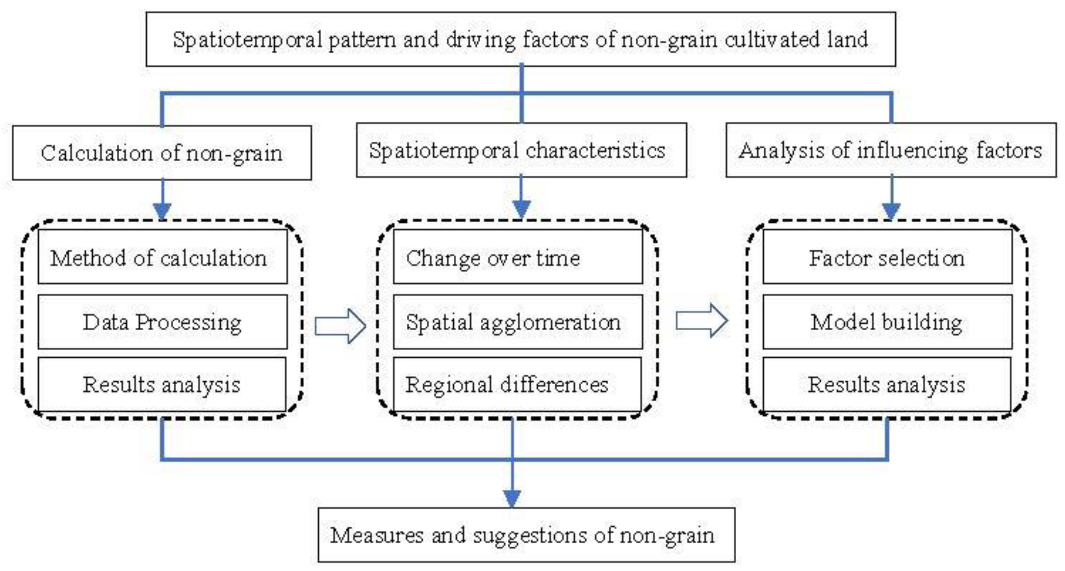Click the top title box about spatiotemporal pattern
click(521, 39)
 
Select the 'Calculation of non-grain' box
click(162, 153)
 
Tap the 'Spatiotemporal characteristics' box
click(521, 150)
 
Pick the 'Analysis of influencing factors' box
click(891, 150)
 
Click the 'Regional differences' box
click(517, 384)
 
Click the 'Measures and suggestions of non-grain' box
click(526, 535)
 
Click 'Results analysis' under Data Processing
click(162, 384)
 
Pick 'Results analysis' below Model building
click(887, 384)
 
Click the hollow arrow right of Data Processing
click(340, 326)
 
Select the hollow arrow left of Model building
click(702, 321)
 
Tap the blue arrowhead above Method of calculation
click(162, 211)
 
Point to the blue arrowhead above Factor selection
click(891, 211)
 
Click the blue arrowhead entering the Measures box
click(512, 498)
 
